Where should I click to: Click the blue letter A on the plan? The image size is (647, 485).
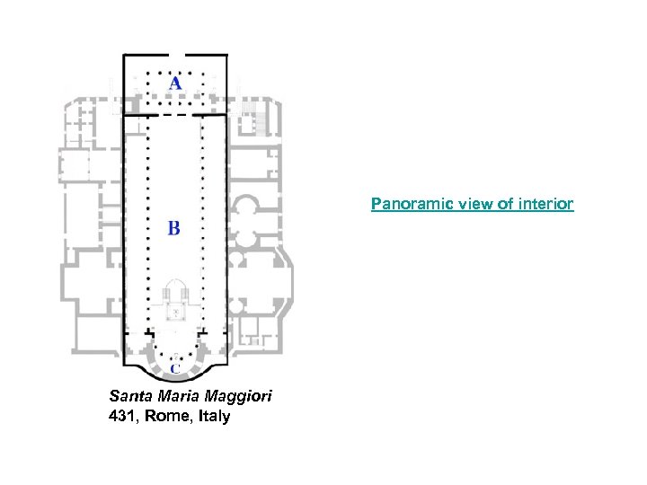pyautogui.click(x=174, y=84)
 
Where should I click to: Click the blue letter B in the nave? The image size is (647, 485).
pyautogui.click(x=173, y=228)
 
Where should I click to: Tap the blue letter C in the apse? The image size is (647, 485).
pyautogui.click(x=174, y=367)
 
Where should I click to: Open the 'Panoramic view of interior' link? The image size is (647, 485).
pyautogui.click(x=472, y=205)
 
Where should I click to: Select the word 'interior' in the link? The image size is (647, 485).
pyautogui.click(x=546, y=205)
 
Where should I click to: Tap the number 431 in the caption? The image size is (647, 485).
pyautogui.click(x=122, y=416)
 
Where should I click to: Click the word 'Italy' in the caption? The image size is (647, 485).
pyautogui.click(x=212, y=416)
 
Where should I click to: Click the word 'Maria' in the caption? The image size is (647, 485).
pyautogui.click(x=174, y=395)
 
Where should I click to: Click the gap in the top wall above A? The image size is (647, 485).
pyautogui.click(x=175, y=55)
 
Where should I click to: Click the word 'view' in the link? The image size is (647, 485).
pyautogui.click(x=464, y=205)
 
